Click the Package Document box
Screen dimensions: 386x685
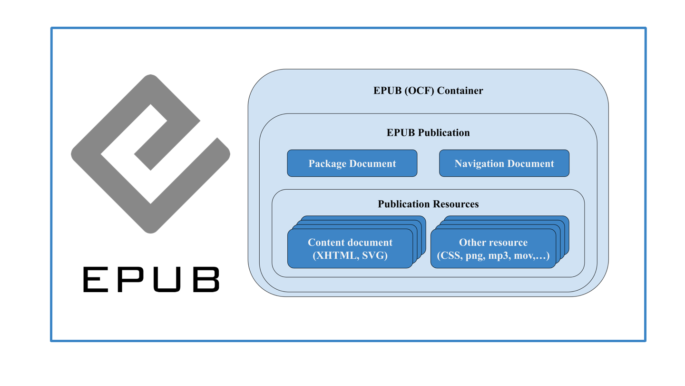352,163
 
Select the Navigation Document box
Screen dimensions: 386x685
504,163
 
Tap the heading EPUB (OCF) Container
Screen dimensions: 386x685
428,91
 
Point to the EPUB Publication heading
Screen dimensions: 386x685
428,132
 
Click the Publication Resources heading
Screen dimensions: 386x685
428,204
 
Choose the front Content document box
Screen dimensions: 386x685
350,248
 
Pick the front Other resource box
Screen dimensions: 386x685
493,248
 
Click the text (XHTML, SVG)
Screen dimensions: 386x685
350,256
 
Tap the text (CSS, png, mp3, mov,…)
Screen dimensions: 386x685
493,256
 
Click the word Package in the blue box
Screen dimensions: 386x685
327,163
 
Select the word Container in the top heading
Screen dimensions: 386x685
460,91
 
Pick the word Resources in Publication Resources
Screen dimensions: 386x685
455,204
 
